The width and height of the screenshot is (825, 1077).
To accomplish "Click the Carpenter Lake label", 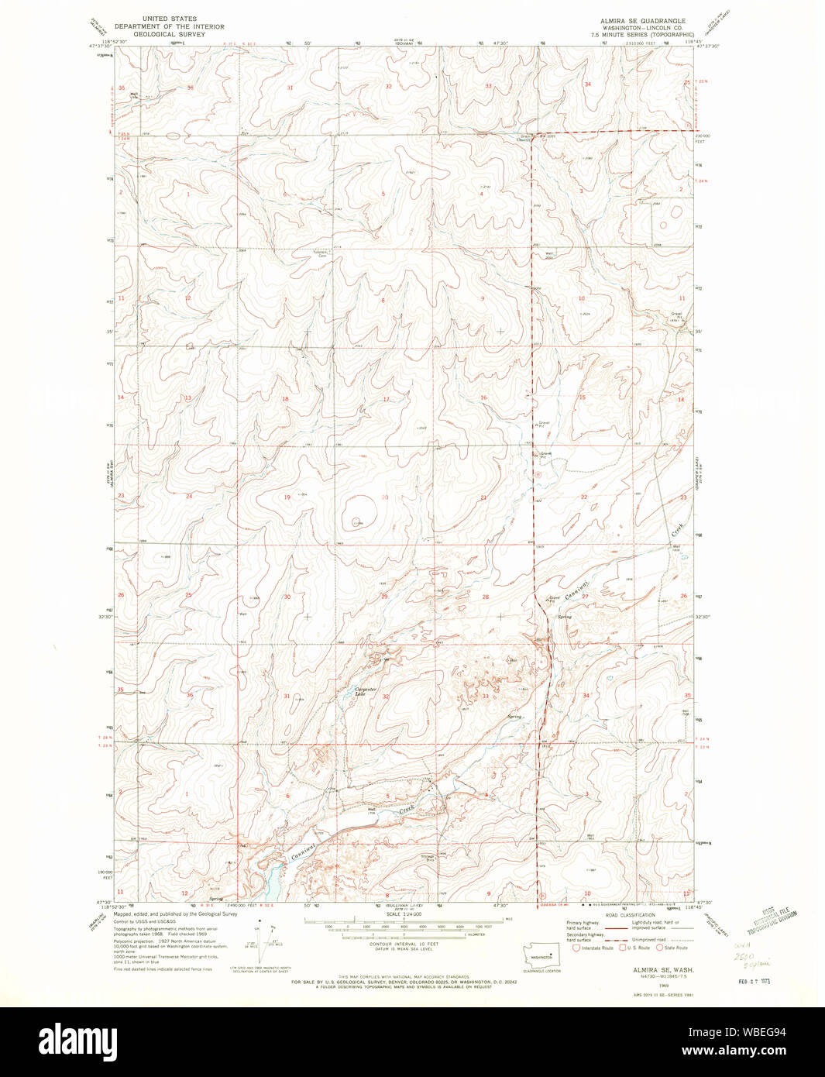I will (x=365, y=691).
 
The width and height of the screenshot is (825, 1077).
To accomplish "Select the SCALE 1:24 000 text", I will (x=404, y=914).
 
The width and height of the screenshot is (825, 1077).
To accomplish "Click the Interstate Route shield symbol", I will (x=576, y=947).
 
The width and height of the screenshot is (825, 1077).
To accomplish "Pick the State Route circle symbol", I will (x=659, y=947).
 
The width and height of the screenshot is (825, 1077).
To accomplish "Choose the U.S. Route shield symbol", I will (x=621, y=947).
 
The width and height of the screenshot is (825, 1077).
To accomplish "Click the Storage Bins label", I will (x=428, y=858).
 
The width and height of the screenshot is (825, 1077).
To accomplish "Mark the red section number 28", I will (x=486, y=597).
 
